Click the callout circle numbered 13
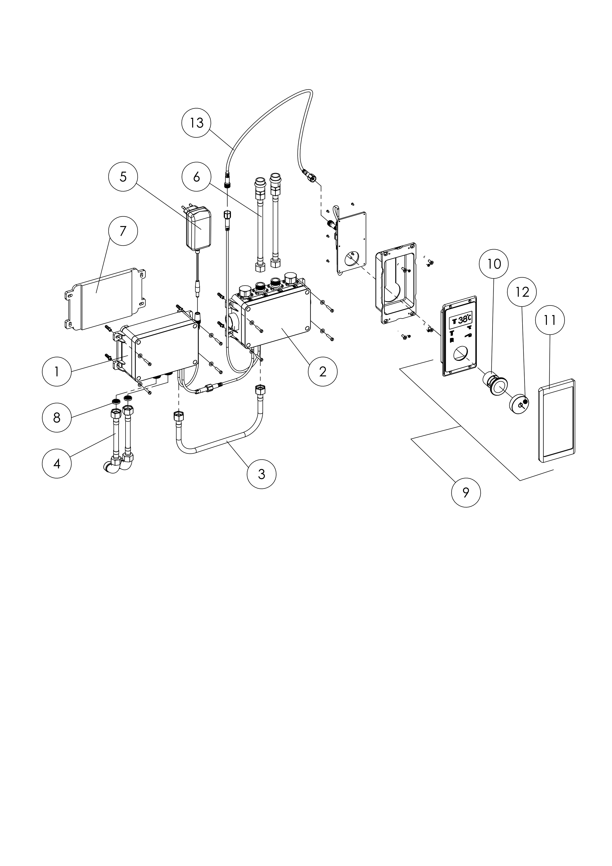coord(196,123)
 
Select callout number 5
coord(123,177)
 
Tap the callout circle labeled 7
coord(123,231)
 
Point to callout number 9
coord(466,493)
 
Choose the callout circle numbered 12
coord(522,292)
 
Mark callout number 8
coord(56,418)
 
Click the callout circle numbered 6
coord(196,177)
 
